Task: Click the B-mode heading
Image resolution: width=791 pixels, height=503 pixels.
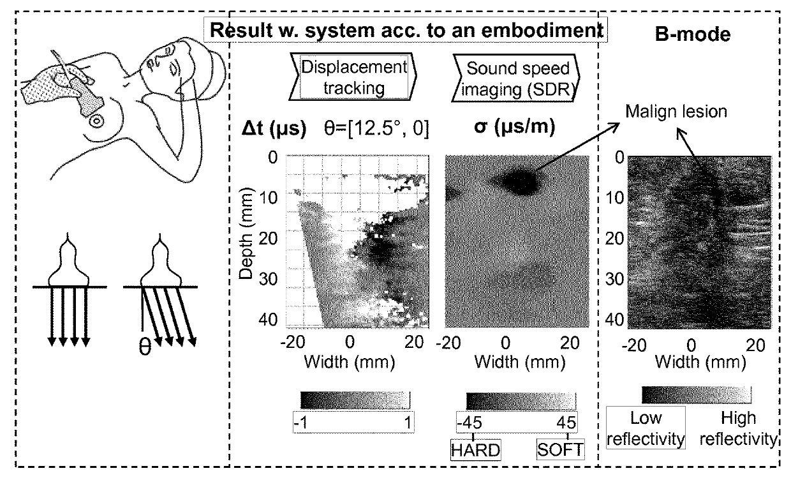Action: (693, 34)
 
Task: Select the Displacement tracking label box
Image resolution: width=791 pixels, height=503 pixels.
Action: (353, 78)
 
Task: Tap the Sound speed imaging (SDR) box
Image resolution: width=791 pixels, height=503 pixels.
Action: (518, 78)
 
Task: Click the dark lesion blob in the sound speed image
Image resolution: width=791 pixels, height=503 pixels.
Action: (521, 182)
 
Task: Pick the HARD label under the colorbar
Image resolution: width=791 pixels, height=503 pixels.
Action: (475, 449)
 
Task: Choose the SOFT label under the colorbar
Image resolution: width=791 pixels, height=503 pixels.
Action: (559, 449)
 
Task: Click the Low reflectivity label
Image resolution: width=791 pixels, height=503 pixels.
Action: (645, 428)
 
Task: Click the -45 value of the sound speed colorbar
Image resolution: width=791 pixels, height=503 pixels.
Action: (469, 423)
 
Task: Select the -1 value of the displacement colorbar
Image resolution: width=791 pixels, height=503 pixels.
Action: (302, 422)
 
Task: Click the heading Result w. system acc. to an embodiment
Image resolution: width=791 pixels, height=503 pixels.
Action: (408, 30)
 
